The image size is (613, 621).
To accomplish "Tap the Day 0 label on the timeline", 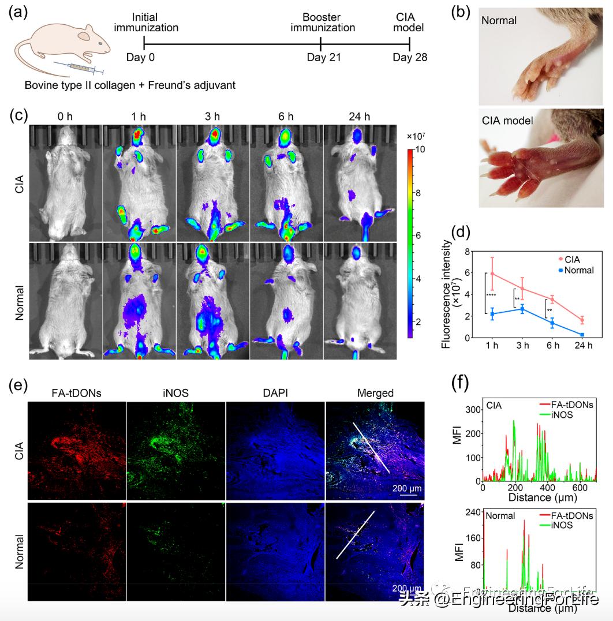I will pos(141,57).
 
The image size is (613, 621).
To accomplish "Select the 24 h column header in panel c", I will pos(358,116).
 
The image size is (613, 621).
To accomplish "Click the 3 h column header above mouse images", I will pos(212,116).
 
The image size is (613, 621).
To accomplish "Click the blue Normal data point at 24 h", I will pos(582,335).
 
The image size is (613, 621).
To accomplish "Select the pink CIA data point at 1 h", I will pos(492,274).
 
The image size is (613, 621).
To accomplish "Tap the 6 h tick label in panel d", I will pos(553,346).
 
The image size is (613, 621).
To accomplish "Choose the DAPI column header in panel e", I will pos(275,393).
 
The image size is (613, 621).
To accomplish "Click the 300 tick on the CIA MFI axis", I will pos(473,409).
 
